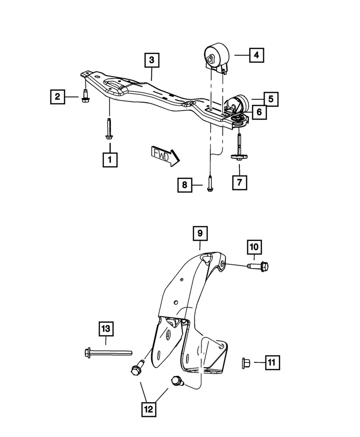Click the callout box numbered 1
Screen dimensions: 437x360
(110, 160)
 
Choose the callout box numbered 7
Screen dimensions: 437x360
(239, 182)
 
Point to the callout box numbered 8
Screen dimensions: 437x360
(185, 186)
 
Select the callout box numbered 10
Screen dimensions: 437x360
(254, 247)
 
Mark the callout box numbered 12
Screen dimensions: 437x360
(149, 409)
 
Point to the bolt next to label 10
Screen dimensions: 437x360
(258, 265)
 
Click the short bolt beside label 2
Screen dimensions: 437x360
(85, 96)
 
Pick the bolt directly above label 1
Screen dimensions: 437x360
(108, 129)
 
